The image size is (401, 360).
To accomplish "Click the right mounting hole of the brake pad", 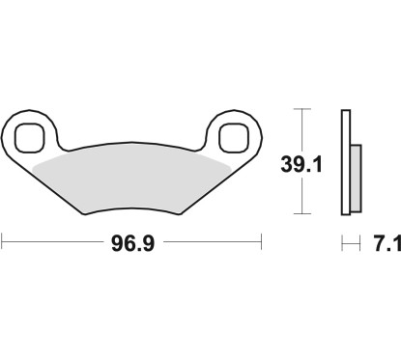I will pyautogui.click(x=234, y=137).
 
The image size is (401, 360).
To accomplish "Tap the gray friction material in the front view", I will pyautogui.click(x=131, y=174).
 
